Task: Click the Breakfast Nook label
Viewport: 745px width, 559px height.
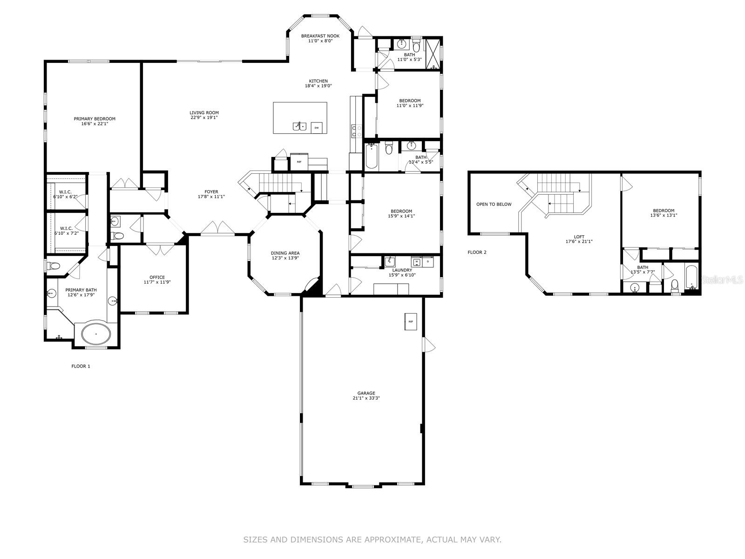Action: (320, 36)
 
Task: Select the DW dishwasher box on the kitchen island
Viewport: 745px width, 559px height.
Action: (316, 128)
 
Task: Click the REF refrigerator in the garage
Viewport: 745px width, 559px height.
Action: (410, 321)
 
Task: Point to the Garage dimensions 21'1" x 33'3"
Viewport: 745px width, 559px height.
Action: (366, 398)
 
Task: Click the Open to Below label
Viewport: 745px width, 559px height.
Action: (494, 205)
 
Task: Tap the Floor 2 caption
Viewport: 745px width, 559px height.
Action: (477, 252)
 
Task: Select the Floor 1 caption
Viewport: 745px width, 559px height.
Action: (81, 366)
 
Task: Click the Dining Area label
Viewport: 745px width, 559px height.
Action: (285, 253)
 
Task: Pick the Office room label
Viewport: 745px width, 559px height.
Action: (157, 277)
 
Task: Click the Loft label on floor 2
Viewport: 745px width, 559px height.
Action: (579, 237)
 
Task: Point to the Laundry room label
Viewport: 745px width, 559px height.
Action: (402, 270)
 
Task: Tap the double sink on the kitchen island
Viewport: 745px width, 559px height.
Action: (299, 126)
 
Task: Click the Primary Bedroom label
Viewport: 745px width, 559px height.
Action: (95, 119)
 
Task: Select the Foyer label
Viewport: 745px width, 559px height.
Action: (211, 192)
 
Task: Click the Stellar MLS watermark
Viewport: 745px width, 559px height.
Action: (722, 280)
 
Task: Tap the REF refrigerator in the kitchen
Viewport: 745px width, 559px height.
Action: (299, 162)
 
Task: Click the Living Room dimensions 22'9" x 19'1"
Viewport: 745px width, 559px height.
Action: (204, 117)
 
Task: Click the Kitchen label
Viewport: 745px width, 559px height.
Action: (318, 81)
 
